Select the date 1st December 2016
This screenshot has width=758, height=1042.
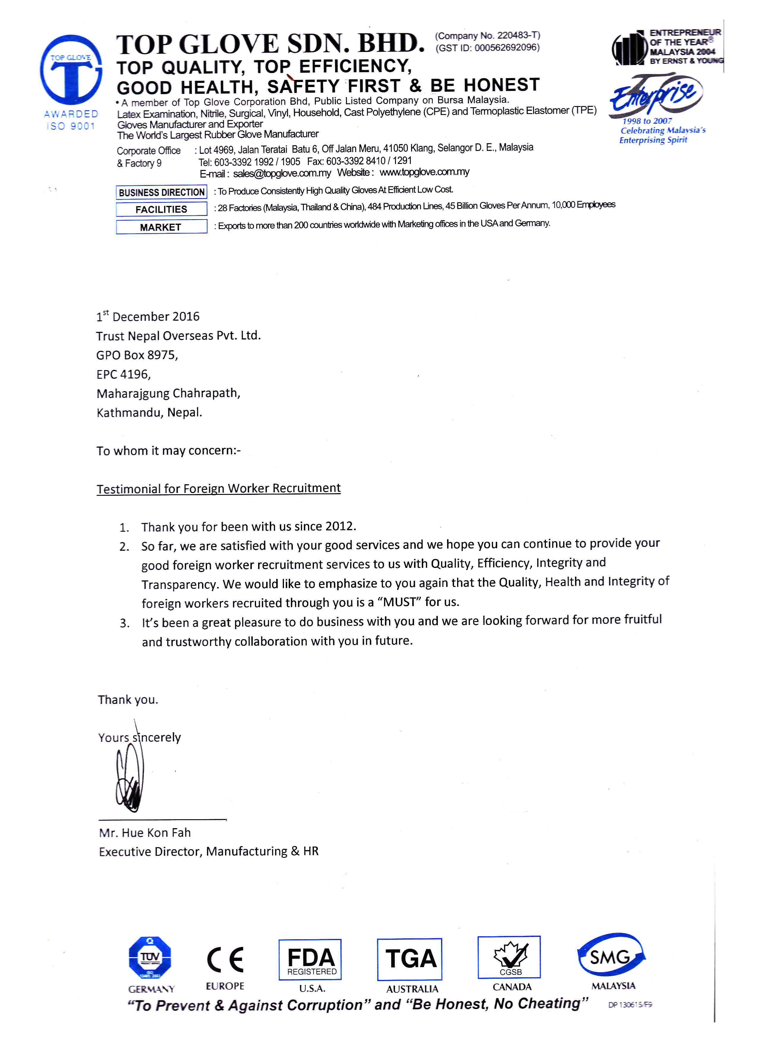(148, 317)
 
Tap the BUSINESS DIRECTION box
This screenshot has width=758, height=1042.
(161, 192)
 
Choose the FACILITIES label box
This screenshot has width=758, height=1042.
(161, 209)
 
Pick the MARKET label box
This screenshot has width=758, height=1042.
(161, 227)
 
